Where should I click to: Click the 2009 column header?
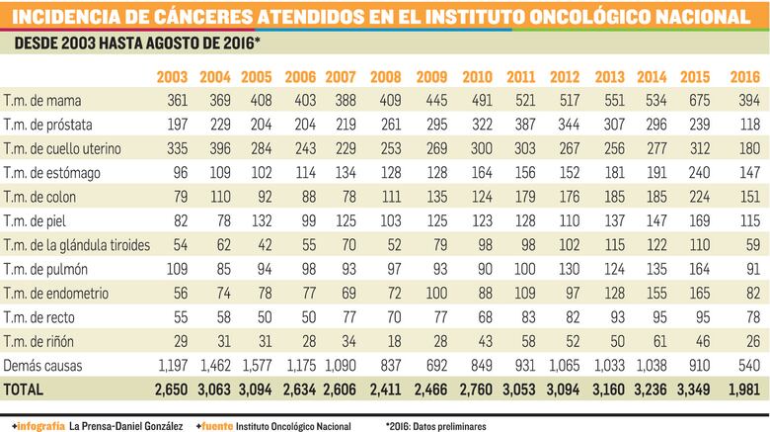[x=430, y=77]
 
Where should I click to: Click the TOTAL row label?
[x=26, y=390]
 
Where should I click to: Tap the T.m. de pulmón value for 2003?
[x=173, y=269]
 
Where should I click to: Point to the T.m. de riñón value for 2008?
[x=388, y=341]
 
